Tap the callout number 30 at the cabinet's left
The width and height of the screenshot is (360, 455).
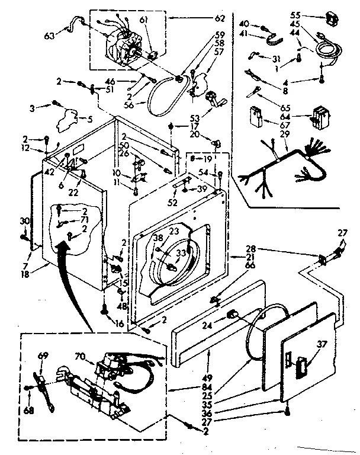(x=24, y=220)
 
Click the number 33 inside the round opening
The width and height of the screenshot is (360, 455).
(x=181, y=252)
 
